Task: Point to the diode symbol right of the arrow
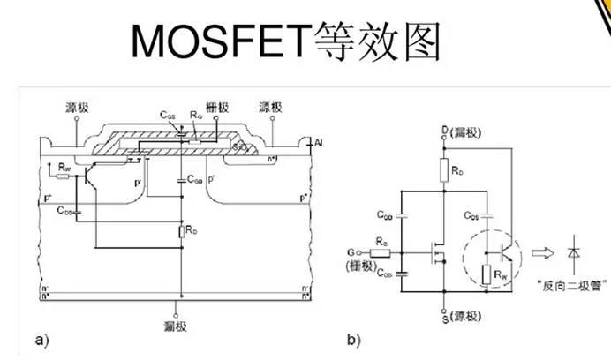576,253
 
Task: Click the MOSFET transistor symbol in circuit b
438,253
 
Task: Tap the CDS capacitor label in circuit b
474,213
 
